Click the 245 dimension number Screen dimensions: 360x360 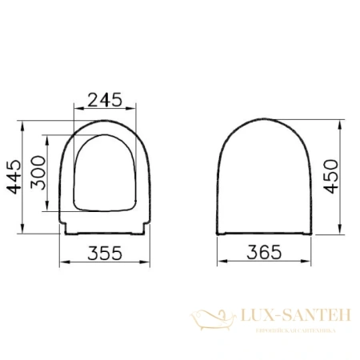[104, 100]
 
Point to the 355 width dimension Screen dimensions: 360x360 [104, 253]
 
